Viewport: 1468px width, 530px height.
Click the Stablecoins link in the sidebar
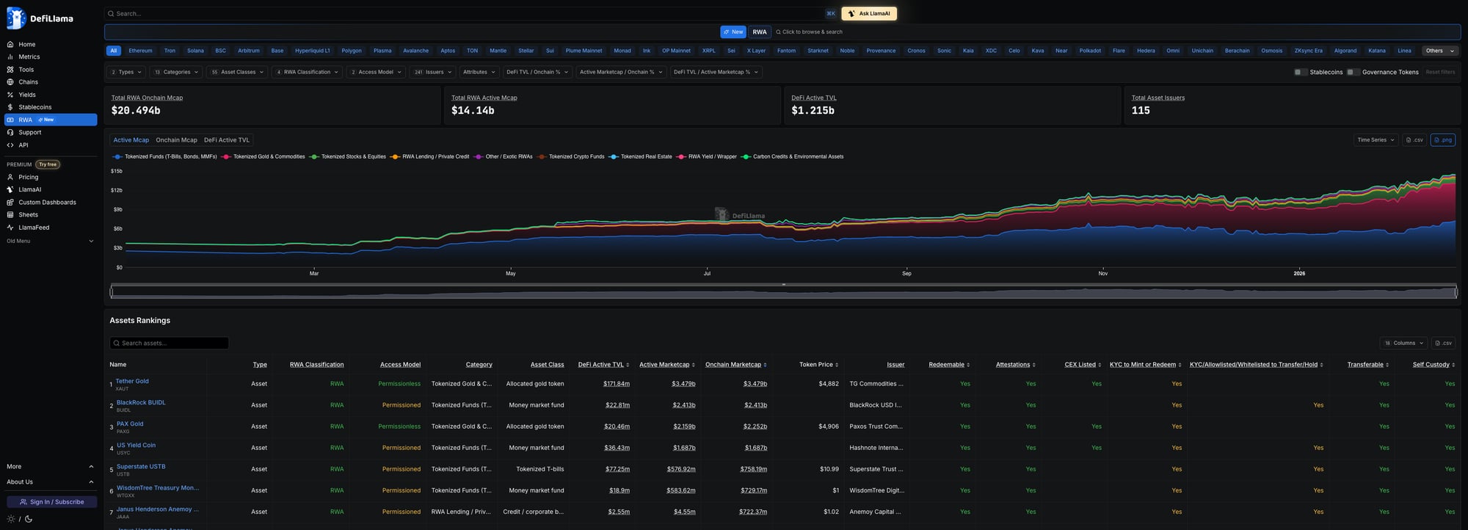click(x=34, y=107)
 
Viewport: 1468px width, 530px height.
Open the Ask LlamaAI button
click(x=869, y=13)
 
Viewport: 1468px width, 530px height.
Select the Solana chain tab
click(x=195, y=51)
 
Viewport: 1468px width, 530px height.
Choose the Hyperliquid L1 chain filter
click(x=312, y=51)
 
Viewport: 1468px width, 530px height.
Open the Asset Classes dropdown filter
click(x=237, y=72)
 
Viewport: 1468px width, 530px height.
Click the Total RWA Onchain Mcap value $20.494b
click(x=136, y=111)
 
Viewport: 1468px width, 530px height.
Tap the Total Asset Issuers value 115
click(x=1141, y=111)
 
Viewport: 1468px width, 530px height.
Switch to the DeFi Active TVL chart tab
click(x=227, y=140)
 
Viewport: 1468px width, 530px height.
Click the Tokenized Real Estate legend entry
click(x=646, y=156)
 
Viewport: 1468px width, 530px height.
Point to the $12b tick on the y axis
click(x=116, y=190)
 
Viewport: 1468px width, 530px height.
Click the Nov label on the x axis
click(x=1102, y=273)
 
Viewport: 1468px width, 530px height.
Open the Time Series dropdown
click(x=1375, y=140)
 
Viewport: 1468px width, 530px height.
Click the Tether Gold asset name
click(x=132, y=381)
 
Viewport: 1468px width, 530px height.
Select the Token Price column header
click(x=816, y=365)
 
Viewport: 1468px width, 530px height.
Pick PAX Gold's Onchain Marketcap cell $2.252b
click(x=755, y=426)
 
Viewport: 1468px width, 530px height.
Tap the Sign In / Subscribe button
click(x=51, y=502)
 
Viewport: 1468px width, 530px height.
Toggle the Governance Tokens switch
click(x=1353, y=72)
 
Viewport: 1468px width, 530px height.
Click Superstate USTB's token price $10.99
click(x=829, y=469)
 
